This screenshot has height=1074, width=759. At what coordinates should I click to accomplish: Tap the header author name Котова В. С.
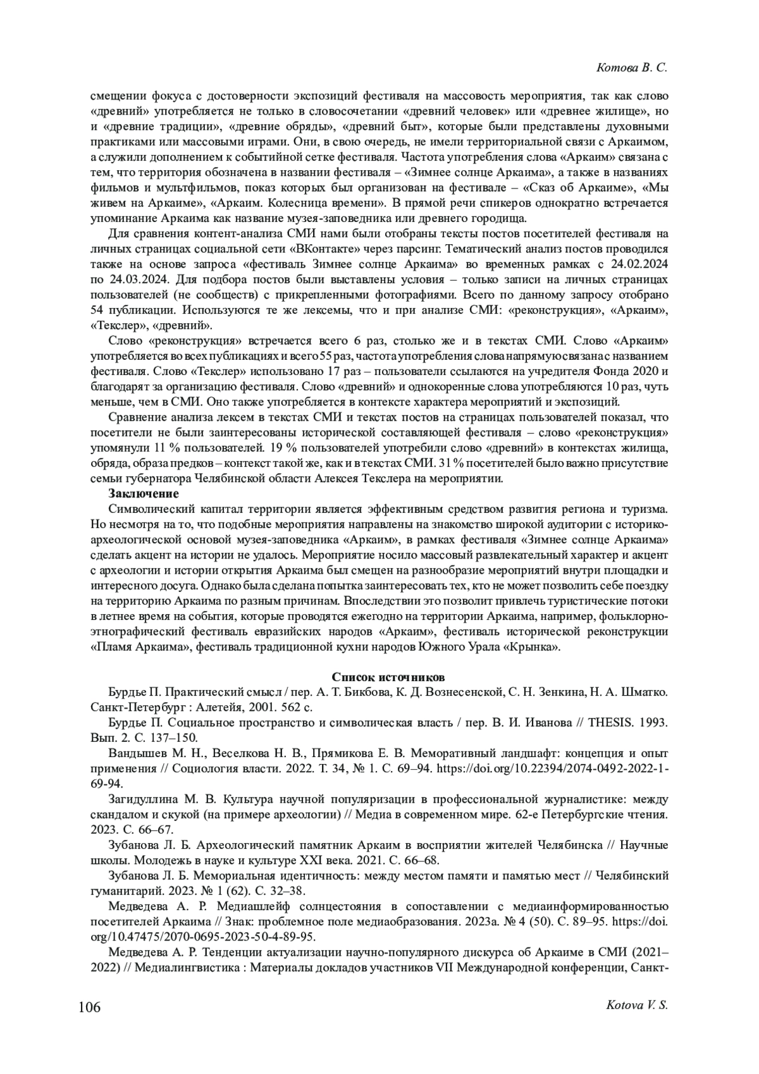632,68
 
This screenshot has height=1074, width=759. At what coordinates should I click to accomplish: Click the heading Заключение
144,493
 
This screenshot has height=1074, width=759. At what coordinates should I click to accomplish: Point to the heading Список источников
379,677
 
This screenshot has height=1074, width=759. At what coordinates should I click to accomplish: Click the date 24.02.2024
638,264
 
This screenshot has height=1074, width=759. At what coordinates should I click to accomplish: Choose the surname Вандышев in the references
135,753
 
